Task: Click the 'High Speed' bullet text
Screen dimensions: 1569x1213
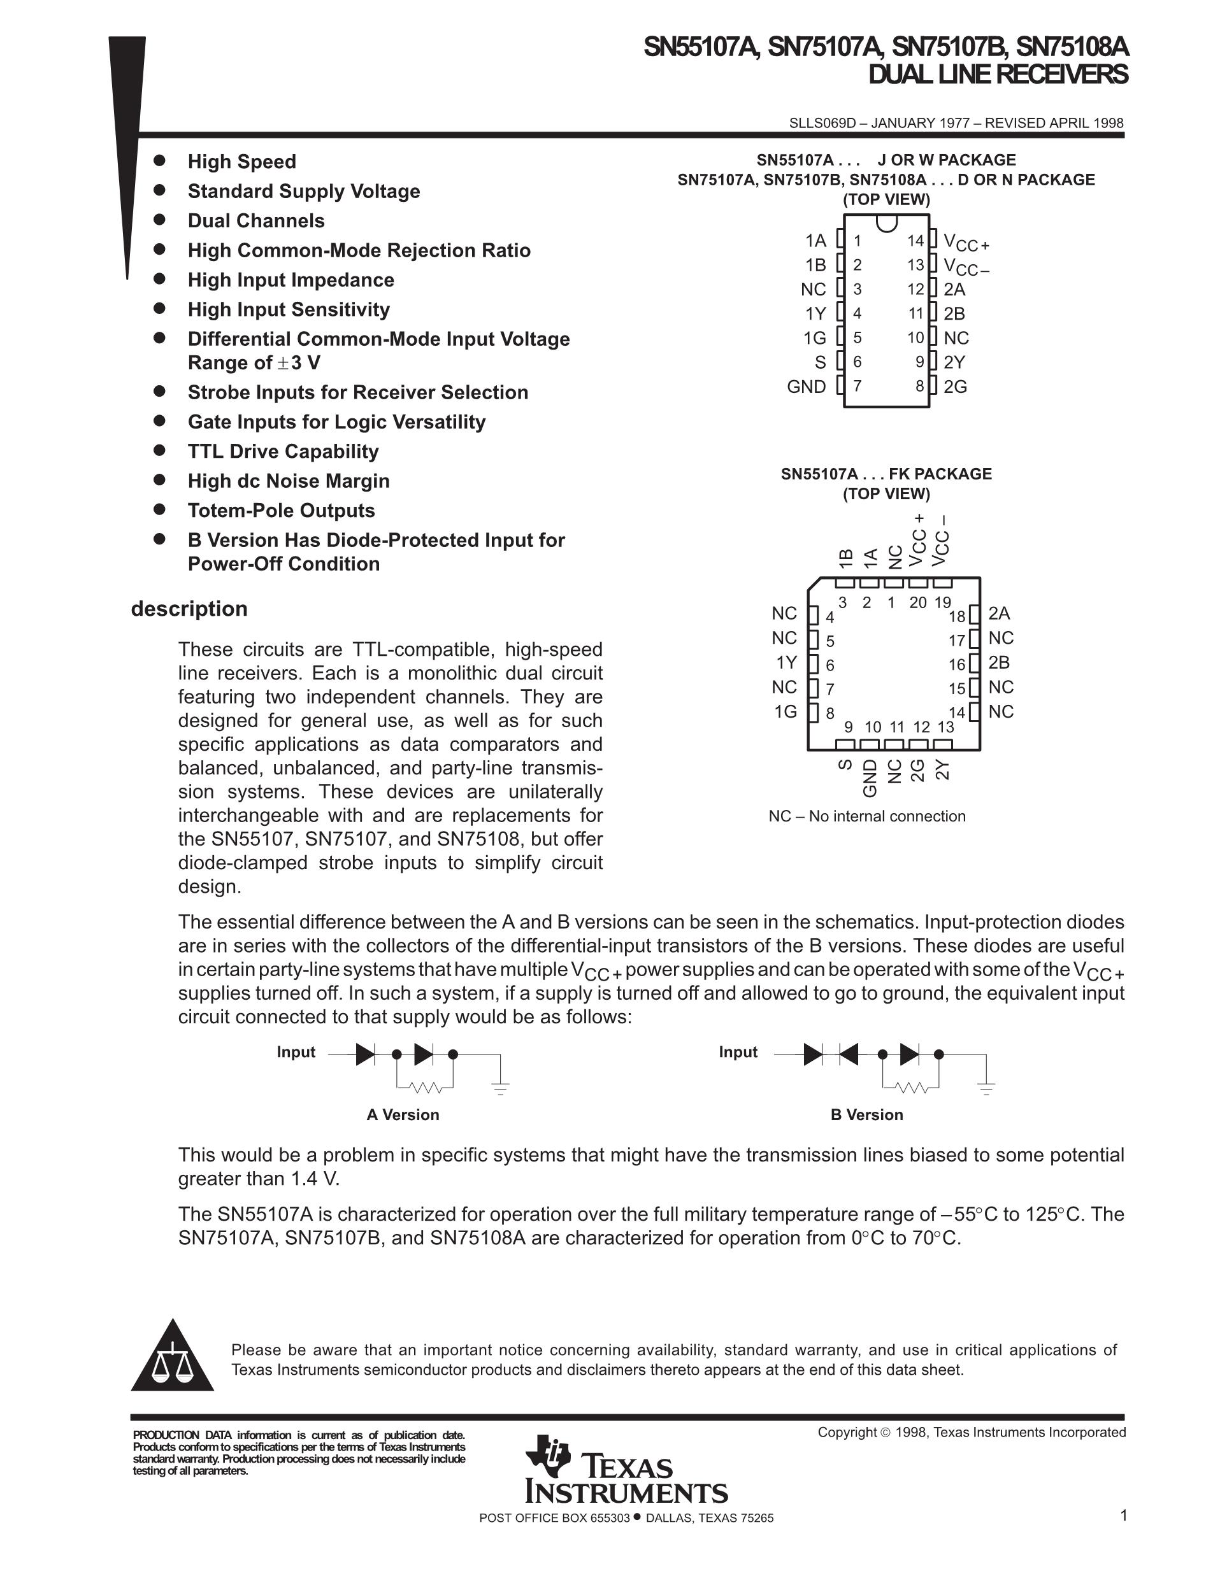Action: (241, 162)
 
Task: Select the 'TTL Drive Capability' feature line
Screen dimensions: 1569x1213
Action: (282, 451)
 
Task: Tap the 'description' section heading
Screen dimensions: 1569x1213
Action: (189, 609)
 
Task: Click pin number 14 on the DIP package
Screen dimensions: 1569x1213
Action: (915, 241)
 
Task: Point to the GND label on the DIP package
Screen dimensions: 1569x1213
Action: (807, 387)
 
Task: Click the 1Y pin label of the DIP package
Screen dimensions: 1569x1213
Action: (815, 313)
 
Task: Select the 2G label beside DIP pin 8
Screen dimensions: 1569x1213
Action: (955, 387)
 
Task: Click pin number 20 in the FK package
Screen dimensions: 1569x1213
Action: (917, 603)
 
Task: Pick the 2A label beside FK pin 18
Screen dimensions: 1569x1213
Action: (999, 613)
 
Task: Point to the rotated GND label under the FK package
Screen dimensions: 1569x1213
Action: (870, 778)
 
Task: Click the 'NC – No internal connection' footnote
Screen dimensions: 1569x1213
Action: (866, 816)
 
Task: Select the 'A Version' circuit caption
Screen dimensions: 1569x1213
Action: (403, 1114)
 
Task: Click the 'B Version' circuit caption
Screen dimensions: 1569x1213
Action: (866, 1114)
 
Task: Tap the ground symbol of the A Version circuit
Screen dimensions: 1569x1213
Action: (501, 1086)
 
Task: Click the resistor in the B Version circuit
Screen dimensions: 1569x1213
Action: (912, 1088)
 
